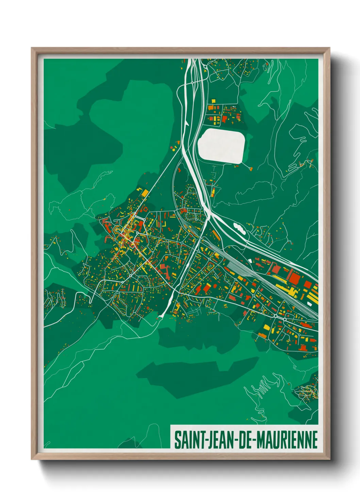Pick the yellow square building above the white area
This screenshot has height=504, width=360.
(213, 101)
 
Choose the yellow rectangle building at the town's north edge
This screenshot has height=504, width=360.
(145, 193)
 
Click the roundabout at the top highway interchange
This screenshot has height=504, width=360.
(193, 82)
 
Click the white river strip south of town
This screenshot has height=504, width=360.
(168, 305)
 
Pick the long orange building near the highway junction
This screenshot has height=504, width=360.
(216, 235)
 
